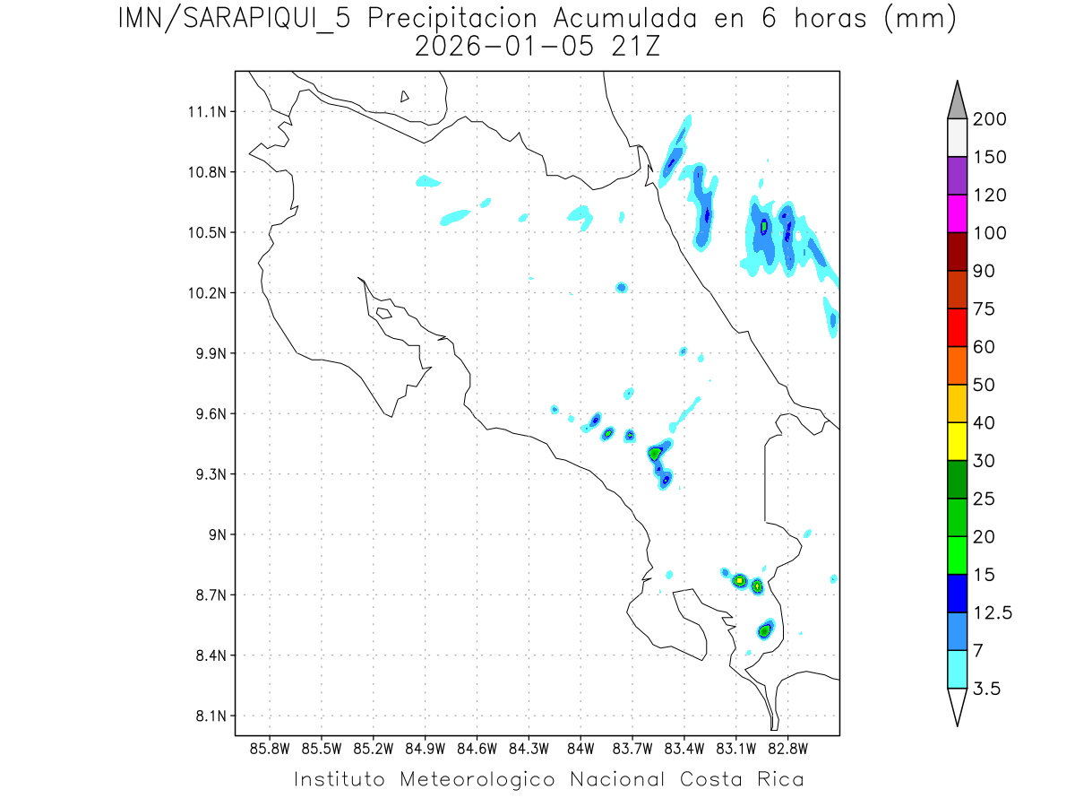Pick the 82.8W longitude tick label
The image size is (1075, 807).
click(x=787, y=748)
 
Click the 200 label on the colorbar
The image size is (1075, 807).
click(x=989, y=119)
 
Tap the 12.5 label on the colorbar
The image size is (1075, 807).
click(x=993, y=612)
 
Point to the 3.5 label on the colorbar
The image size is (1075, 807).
click(x=987, y=689)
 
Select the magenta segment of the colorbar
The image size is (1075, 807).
click(x=957, y=213)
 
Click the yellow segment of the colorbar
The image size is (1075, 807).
click(x=957, y=441)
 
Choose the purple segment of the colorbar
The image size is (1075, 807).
click(x=957, y=176)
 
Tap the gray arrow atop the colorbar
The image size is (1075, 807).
click(x=957, y=101)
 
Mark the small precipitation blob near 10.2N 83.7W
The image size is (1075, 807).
click(x=621, y=287)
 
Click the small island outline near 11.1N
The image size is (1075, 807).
click(x=405, y=96)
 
